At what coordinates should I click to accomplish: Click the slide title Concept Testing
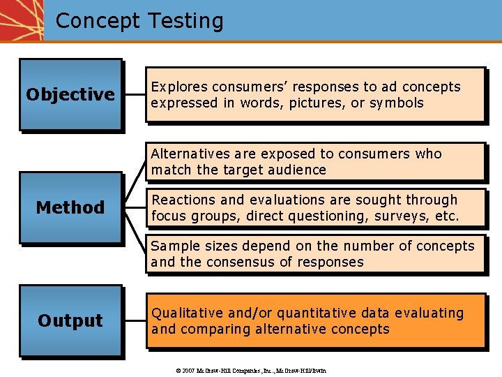pyautogui.click(x=139, y=21)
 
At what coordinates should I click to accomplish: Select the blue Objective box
pyautogui.click(x=70, y=94)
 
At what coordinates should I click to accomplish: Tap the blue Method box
pyautogui.click(x=70, y=207)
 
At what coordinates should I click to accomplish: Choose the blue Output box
pyautogui.click(x=70, y=320)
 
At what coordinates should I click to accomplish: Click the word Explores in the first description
pyautogui.click(x=177, y=87)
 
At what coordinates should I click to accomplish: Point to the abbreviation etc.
pyautogui.click(x=447, y=216)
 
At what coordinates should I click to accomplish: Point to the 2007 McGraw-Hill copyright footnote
pyautogui.click(x=251, y=370)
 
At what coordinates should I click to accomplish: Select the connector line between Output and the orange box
pyautogui.click(x=135, y=320)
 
